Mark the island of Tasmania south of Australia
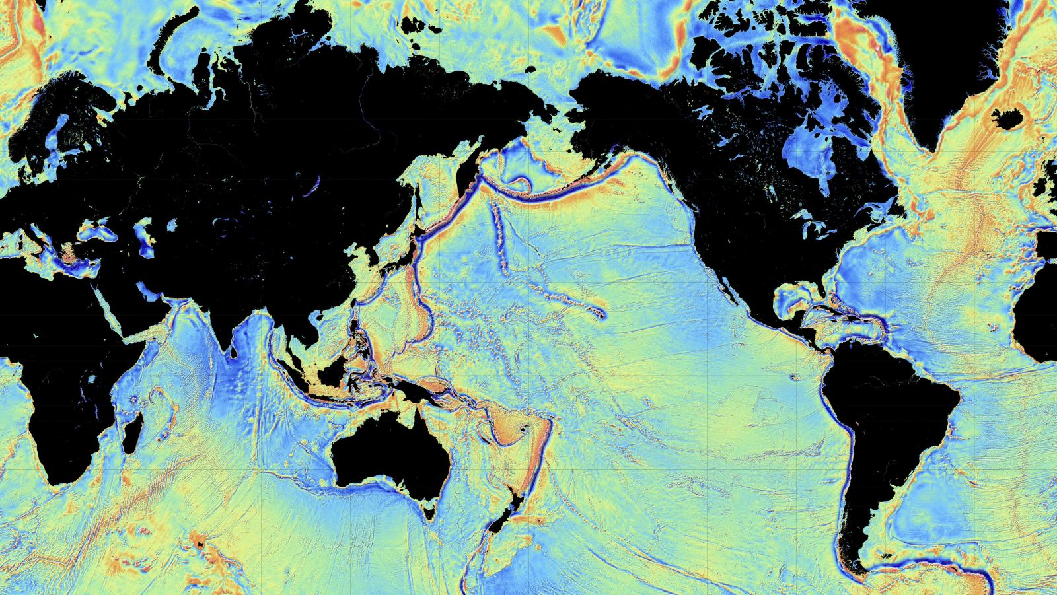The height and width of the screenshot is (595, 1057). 431,509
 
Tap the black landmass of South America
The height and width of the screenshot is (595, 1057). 885,423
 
